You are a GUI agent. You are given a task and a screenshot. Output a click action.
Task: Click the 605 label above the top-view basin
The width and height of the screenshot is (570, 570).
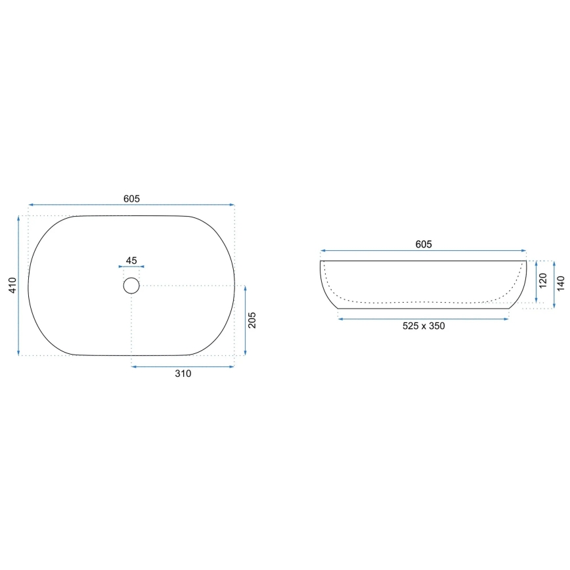tap(131, 198)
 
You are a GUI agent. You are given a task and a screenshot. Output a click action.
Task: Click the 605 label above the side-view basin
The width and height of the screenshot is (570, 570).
tap(424, 245)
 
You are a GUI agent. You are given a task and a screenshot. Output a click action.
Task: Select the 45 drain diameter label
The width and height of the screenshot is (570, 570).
tap(131, 261)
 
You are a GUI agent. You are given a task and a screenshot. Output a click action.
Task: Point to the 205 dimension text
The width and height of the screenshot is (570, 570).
tap(253, 320)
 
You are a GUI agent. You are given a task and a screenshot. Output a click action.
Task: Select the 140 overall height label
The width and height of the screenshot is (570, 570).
tap(560, 283)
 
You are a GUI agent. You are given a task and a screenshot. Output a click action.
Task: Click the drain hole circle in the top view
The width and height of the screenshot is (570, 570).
tap(131, 286)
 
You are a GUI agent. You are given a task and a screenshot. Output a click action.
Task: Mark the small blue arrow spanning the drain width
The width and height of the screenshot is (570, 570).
tap(131, 267)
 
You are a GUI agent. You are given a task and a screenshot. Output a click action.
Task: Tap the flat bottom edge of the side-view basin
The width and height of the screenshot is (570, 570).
tap(424, 309)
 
